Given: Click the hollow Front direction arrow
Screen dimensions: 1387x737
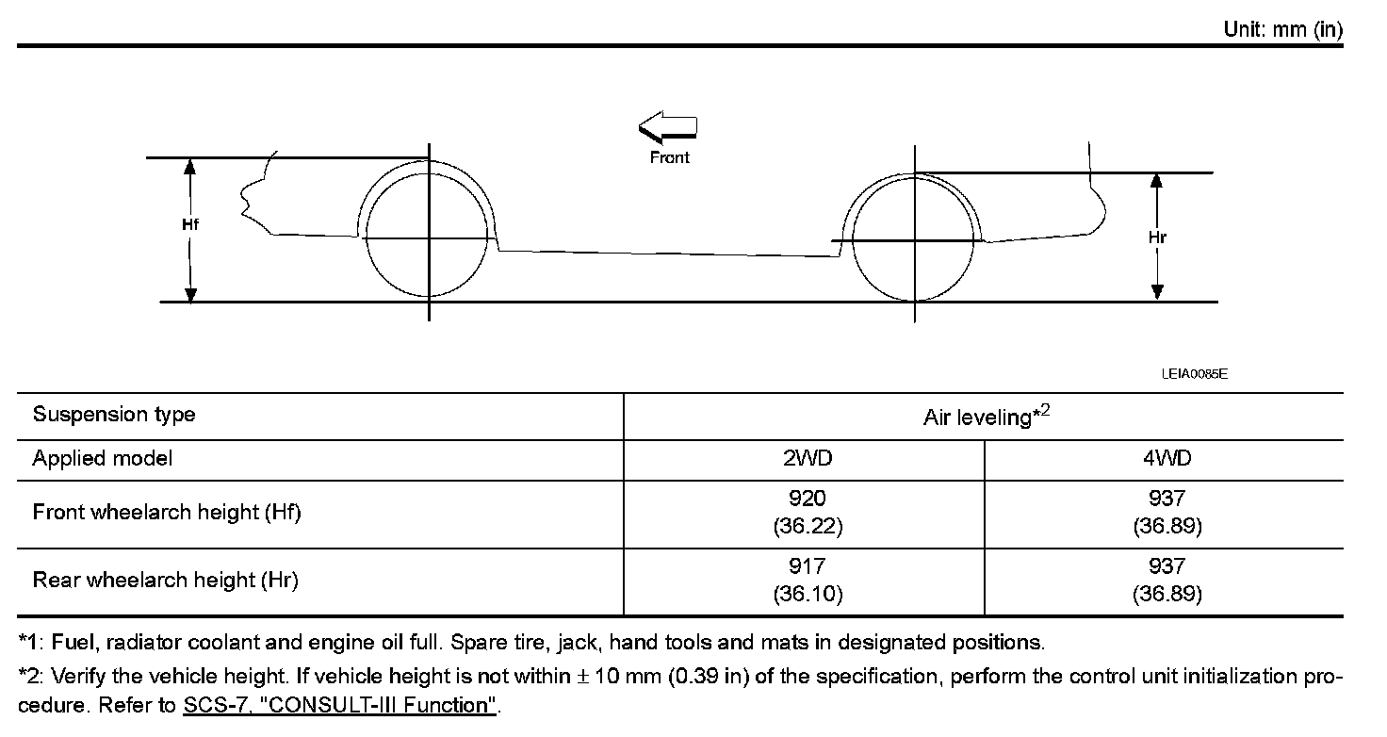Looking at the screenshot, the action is tap(667, 130).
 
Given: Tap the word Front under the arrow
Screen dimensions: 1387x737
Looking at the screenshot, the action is tap(670, 157).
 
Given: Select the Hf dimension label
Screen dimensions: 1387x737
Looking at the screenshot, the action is tap(190, 224).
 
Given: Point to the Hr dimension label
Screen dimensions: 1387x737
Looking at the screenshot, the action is tap(1157, 237).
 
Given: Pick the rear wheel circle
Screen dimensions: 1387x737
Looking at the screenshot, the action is tap(914, 239).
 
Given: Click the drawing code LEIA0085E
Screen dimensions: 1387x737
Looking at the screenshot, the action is tap(1194, 374).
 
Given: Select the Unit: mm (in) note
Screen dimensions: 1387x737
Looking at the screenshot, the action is tap(1282, 29).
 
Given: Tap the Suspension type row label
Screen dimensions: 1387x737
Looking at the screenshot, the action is tap(114, 415).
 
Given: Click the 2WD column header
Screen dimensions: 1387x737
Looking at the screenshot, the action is tap(808, 459).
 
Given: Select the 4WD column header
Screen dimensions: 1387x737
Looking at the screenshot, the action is tap(1167, 459).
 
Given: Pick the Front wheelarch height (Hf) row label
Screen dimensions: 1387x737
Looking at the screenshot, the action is tap(167, 513).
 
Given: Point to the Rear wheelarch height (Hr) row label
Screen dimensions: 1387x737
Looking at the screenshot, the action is tap(166, 581).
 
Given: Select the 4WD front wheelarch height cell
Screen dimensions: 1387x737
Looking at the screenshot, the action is tap(1167, 513).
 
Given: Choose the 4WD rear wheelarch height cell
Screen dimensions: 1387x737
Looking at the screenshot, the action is tap(1167, 581).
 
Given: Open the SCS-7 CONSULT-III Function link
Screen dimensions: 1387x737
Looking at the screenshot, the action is tap(339, 706).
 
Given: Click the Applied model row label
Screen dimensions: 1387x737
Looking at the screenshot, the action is tap(103, 459).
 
